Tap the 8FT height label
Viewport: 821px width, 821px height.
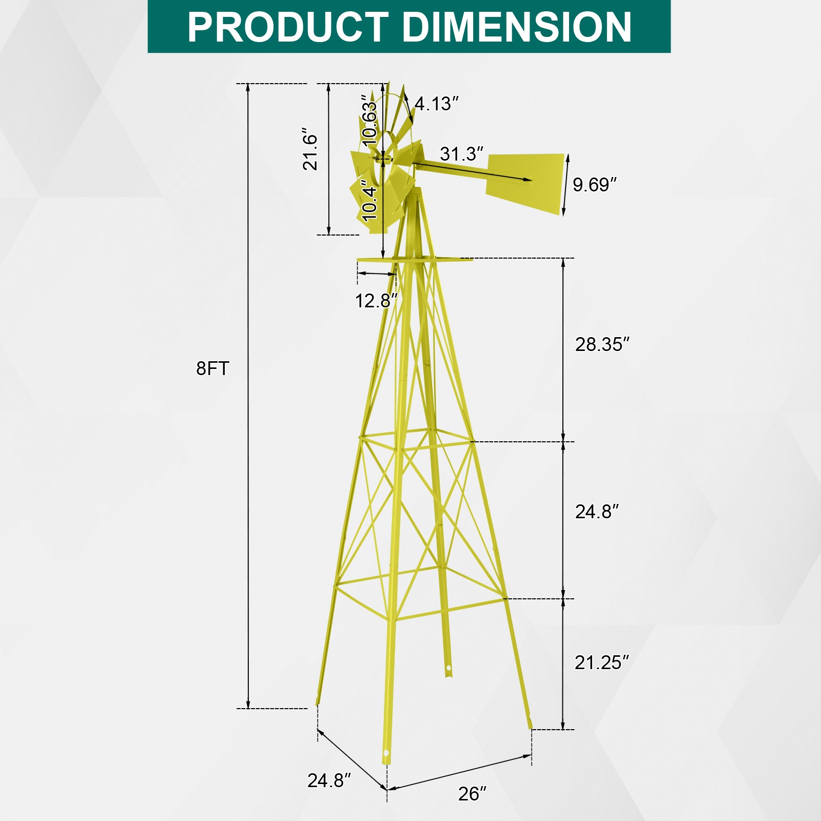(x=212, y=368)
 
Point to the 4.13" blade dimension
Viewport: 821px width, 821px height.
(x=436, y=104)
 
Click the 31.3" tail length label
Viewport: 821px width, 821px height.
(x=461, y=153)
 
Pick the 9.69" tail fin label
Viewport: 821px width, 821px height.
(x=594, y=185)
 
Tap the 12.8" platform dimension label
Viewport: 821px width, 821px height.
(x=376, y=301)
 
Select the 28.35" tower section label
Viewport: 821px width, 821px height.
(x=601, y=344)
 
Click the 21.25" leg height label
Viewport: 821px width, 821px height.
(x=601, y=662)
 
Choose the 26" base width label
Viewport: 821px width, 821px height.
(x=472, y=793)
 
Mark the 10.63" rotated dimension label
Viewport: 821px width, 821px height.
(x=369, y=120)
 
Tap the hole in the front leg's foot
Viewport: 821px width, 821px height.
(x=386, y=753)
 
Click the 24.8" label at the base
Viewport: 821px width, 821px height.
(x=329, y=780)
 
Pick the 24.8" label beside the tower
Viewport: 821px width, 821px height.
(x=596, y=512)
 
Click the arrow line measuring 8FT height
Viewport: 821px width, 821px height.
(x=248, y=395)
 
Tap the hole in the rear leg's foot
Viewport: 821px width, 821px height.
(x=448, y=669)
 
